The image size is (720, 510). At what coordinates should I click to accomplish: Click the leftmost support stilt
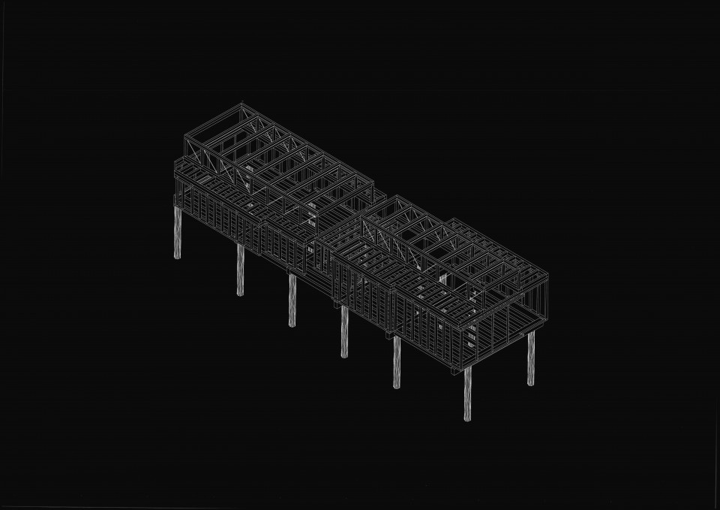(178, 233)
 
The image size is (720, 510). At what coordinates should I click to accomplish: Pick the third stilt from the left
(292, 300)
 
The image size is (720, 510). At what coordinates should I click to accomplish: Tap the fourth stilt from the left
(344, 331)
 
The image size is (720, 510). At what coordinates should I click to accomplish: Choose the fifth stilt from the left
(397, 362)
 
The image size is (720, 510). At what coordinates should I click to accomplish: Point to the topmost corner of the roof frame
(241, 104)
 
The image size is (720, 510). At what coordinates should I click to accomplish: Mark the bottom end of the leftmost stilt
(178, 258)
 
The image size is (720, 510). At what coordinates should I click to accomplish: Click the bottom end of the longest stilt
(467, 419)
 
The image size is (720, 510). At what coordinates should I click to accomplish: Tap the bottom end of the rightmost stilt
(531, 384)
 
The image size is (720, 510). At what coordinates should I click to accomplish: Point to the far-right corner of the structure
(547, 276)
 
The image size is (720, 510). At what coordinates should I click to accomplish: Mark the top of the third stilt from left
(292, 276)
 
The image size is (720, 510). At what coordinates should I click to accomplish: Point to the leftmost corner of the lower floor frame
(175, 197)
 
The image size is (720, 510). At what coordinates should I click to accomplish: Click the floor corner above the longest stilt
(466, 368)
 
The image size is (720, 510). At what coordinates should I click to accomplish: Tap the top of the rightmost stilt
(531, 333)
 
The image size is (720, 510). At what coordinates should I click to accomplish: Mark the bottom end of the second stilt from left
(241, 294)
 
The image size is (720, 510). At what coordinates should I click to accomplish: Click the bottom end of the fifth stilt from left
(397, 387)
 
